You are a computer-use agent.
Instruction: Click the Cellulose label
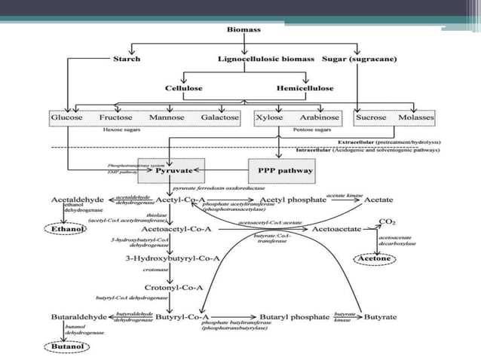tap(183, 88)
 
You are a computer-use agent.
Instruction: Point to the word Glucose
tap(66, 118)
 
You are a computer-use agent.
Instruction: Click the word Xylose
tap(269, 118)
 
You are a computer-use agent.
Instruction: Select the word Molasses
tap(416, 118)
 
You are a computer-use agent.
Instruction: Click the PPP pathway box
tap(280, 172)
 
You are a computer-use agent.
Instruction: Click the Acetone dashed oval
tap(374, 259)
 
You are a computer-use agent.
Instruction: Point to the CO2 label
tap(388, 223)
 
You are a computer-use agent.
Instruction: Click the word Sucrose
tap(371, 118)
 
